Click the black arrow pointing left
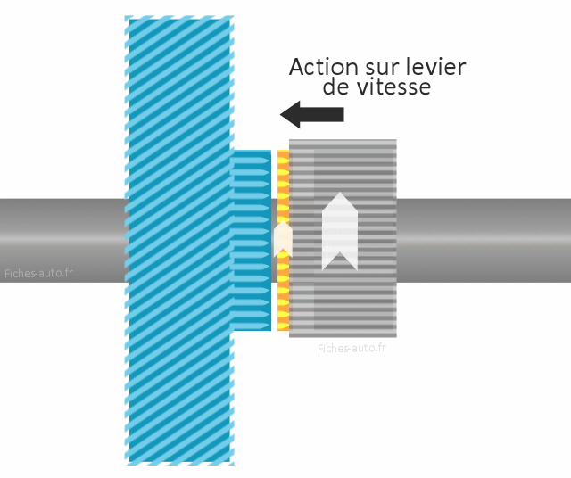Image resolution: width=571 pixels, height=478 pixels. [312, 114]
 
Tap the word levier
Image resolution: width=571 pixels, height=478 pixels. [435, 67]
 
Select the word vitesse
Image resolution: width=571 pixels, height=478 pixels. [393, 87]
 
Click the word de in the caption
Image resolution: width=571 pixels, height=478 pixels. [336, 87]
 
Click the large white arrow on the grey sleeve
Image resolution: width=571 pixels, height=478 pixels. [340, 231]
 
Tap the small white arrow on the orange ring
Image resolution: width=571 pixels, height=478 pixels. [283, 238]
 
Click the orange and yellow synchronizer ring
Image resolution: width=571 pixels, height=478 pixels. [284, 240]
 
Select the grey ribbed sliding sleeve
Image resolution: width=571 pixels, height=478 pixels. [343, 238]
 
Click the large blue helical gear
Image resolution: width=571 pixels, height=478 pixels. [179, 240]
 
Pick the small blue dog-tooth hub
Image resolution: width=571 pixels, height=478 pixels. [252, 240]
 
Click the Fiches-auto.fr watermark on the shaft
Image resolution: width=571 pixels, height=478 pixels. [38, 273]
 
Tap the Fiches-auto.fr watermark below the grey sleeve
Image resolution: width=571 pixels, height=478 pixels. [352, 349]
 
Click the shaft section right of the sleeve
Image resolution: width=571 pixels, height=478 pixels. [484, 240]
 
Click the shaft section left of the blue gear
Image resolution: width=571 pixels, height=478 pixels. [62, 240]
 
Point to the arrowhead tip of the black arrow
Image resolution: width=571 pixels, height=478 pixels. [280, 114]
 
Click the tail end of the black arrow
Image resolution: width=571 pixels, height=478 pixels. [343, 114]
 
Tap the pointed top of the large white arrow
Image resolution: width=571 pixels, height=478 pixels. [340, 193]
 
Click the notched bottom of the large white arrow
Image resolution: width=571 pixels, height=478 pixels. [340, 252]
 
